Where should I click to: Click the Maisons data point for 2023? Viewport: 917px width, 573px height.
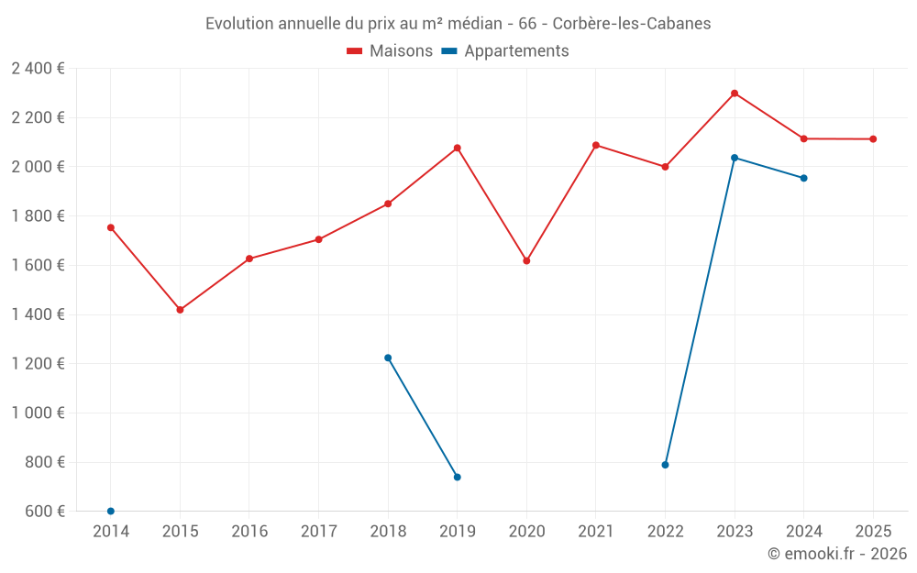pos(735,94)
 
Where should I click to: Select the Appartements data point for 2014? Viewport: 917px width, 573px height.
pos(111,511)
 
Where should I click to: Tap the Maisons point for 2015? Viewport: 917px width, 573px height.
pos(180,310)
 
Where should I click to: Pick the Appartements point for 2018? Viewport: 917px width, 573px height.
pos(388,358)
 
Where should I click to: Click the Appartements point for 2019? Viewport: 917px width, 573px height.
pos(457,477)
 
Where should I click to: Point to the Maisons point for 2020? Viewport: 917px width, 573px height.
pos(526,261)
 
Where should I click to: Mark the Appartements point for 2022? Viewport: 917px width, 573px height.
pos(665,465)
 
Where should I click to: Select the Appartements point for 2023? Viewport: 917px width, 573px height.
pos(735,158)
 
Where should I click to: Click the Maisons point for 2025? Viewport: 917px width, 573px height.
pos(873,139)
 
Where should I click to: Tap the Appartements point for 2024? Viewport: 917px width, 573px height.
pos(803,178)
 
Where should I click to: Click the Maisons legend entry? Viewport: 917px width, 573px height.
pos(390,51)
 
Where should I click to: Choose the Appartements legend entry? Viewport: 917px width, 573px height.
pos(505,51)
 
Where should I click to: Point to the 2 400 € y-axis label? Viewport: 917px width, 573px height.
pos(38,69)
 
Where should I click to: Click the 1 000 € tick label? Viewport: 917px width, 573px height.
pos(38,413)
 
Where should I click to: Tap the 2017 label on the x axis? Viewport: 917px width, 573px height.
pos(318,532)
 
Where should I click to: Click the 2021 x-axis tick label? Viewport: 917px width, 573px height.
pos(596,532)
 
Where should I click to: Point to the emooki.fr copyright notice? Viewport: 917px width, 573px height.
pos(836,554)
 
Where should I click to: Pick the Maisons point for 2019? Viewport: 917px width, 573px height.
pos(457,148)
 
